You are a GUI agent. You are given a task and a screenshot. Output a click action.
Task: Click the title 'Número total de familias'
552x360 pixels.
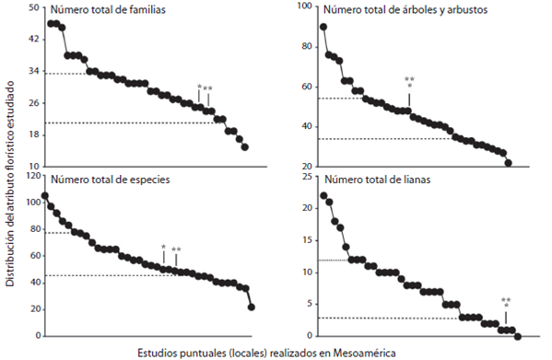tap(113, 11)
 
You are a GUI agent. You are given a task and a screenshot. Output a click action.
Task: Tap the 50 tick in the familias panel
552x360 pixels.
tap(32, 7)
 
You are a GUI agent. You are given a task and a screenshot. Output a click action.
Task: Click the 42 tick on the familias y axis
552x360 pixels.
tap(32, 40)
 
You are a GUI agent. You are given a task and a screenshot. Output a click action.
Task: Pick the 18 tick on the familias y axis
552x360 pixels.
tap(32, 135)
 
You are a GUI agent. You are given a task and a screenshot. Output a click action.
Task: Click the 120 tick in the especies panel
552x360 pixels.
tap(30, 174)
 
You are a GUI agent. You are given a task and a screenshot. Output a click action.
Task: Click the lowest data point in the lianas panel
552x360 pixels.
tap(517, 336)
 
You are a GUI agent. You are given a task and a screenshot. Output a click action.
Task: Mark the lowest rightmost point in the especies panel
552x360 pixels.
tap(252, 307)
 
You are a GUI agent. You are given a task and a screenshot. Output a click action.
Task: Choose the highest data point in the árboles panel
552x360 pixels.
tap(323, 27)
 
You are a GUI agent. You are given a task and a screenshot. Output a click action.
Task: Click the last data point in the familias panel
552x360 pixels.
tap(244, 145)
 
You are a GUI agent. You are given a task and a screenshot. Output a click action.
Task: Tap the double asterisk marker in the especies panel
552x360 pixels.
tap(176, 250)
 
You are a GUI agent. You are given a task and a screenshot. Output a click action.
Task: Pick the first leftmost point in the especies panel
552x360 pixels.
tap(45, 196)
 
